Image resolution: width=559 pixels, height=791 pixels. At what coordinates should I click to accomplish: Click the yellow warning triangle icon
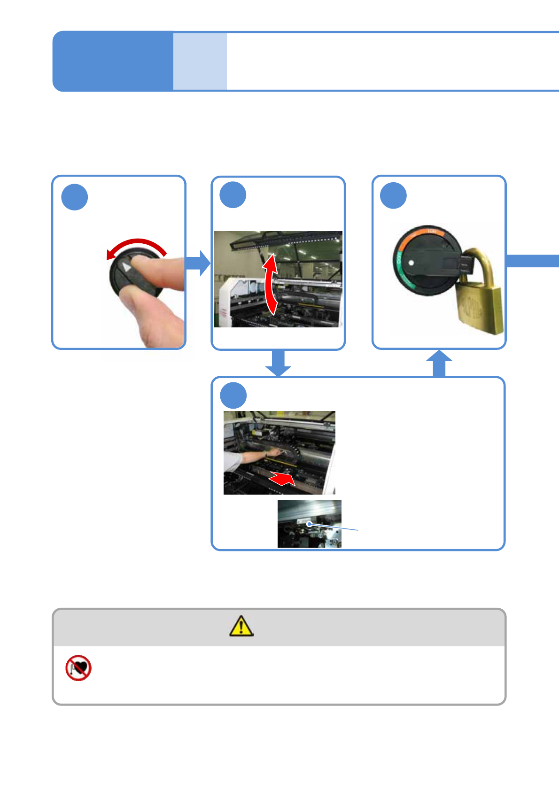[x=241, y=626]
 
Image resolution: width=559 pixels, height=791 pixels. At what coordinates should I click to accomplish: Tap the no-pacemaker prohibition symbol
[x=78, y=668]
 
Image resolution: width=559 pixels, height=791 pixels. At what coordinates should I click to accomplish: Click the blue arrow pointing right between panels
[x=198, y=263]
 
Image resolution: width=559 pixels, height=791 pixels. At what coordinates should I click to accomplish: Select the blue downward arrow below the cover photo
[x=278, y=363]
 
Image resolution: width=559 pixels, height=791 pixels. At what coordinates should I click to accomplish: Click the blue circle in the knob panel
[x=75, y=197]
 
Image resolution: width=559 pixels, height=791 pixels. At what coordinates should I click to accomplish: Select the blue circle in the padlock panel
[x=393, y=195]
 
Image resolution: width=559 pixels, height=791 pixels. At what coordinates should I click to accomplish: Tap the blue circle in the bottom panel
[x=233, y=395]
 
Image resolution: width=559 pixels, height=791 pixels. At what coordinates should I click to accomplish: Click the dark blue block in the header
[x=113, y=61]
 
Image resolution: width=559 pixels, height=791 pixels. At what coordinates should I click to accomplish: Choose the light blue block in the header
[x=200, y=61]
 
